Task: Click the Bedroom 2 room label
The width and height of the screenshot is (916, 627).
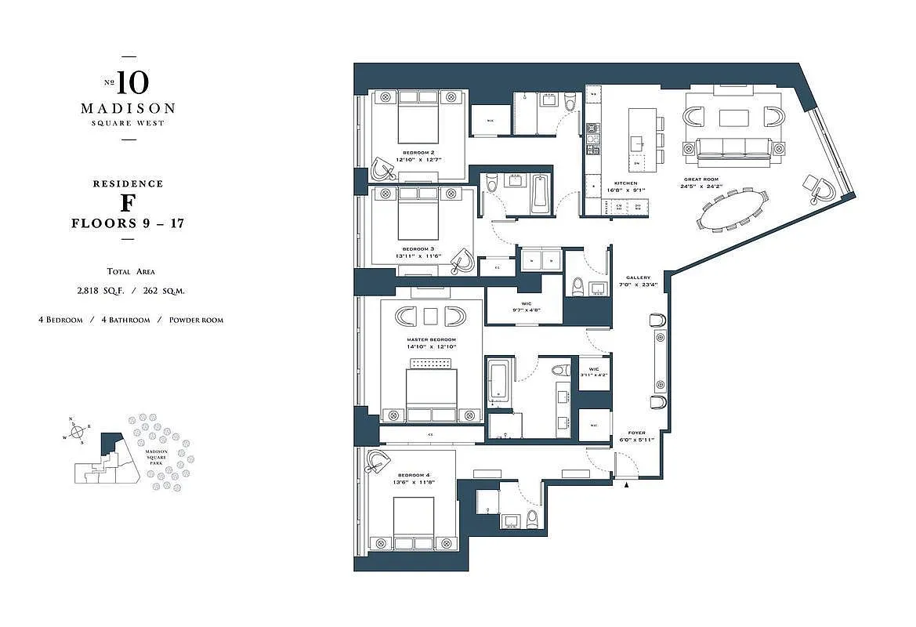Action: (x=418, y=152)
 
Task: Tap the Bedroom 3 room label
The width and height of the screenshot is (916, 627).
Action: (x=418, y=249)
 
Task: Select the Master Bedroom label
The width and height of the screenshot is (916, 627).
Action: (x=431, y=339)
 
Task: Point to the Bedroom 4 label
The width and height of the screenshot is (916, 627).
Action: (x=414, y=476)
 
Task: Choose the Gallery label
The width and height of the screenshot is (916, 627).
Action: (x=638, y=277)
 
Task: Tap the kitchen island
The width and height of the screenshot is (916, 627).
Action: (x=638, y=139)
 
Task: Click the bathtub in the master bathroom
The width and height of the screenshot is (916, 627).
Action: (x=499, y=383)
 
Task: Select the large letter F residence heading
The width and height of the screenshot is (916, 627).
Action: (x=128, y=204)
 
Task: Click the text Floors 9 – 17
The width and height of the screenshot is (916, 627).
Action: (x=128, y=223)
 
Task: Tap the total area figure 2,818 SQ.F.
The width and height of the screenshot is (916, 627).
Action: (x=98, y=290)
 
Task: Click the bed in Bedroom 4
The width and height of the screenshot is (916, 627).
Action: (x=413, y=523)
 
